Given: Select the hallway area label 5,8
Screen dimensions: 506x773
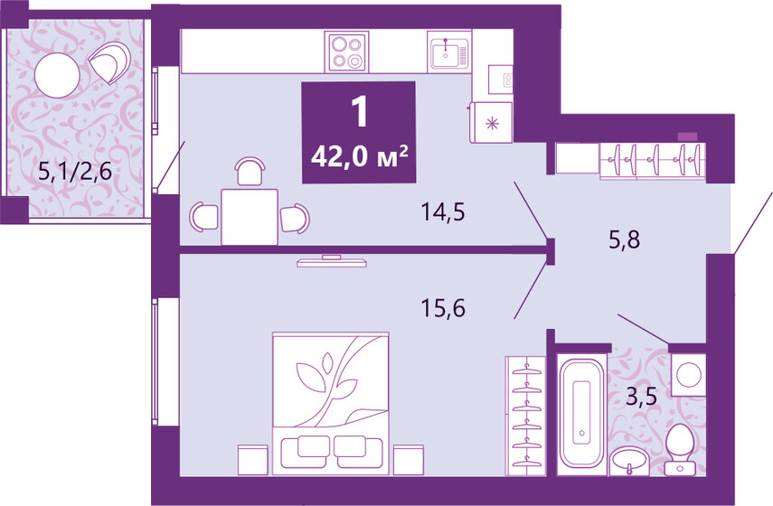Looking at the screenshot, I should point(623,240).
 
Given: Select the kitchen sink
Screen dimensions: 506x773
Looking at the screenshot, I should point(448,53).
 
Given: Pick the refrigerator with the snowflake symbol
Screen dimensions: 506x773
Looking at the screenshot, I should point(491,122).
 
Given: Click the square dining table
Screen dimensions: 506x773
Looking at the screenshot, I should point(250,216).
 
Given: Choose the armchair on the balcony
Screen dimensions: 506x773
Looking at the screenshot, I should point(111,62).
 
